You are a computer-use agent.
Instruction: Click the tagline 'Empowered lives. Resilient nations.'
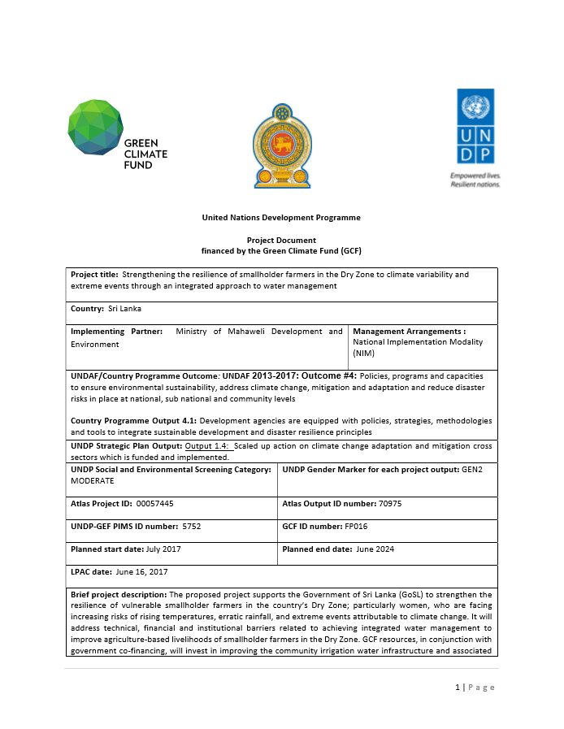(475, 180)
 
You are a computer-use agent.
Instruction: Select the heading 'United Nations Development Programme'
(281, 218)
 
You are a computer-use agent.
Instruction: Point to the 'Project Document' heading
(281, 241)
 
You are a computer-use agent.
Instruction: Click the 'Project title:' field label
(94, 275)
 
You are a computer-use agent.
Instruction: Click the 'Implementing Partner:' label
(116, 332)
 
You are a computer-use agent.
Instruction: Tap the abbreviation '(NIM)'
(363, 354)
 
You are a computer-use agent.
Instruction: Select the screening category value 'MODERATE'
(92, 481)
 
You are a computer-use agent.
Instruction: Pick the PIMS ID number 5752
(191, 527)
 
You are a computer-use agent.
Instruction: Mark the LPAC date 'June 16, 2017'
(141, 572)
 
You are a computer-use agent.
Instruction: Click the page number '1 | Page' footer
(475, 688)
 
